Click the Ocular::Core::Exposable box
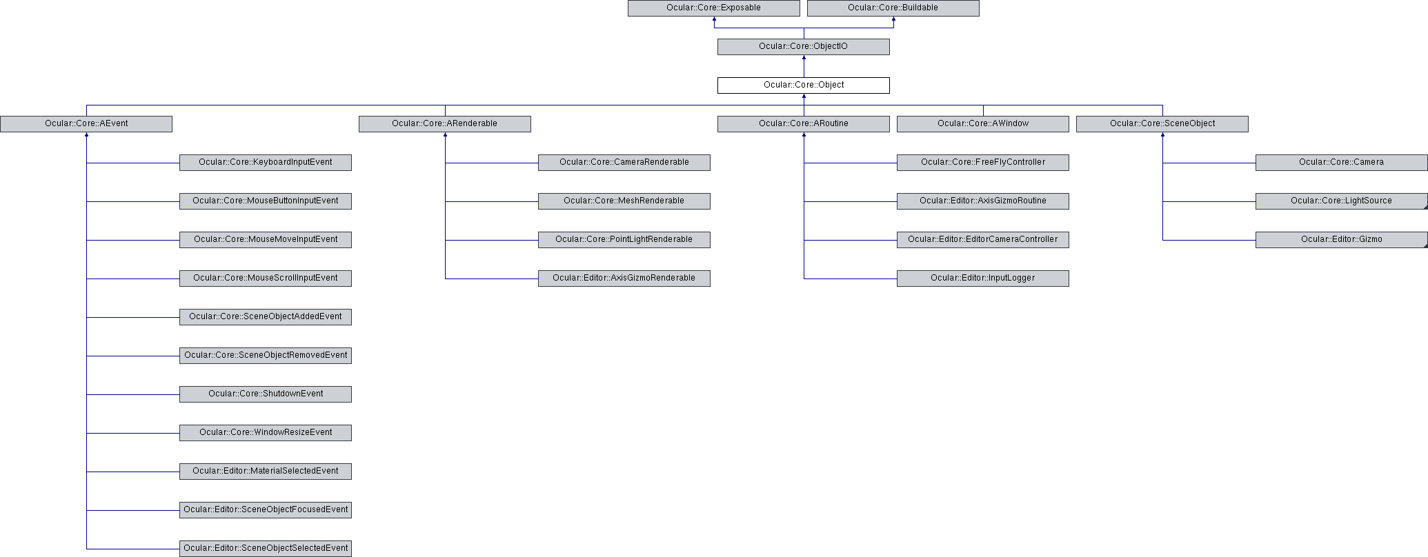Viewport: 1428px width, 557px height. [713, 8]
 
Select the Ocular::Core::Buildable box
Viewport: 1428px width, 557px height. [893, 8]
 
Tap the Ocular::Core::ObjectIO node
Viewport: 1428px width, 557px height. [803, 47]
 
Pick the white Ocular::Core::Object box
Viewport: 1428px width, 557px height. [803, 85]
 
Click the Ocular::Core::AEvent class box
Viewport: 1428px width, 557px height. [86, 124]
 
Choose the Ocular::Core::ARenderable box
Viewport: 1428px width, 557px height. [444, 124]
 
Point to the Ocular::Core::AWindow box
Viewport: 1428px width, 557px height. [982, 124]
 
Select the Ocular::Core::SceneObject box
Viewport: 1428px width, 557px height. [1162, 124]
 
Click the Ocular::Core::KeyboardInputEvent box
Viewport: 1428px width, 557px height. [265, 163]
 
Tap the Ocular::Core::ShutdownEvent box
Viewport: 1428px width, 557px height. [265, 394]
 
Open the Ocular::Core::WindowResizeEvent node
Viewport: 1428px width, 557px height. [265, 433]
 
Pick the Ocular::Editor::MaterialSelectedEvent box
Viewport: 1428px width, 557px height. [265, 472]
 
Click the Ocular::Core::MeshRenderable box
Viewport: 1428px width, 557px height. [624, 201]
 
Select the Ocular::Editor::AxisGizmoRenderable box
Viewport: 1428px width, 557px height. [624, 278]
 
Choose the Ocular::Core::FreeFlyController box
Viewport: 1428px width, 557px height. [982, 163]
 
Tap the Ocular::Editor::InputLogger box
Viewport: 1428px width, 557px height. [982, 278]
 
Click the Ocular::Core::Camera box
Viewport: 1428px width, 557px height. [1341, 163]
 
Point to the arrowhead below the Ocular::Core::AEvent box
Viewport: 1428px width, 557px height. [86, 135]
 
